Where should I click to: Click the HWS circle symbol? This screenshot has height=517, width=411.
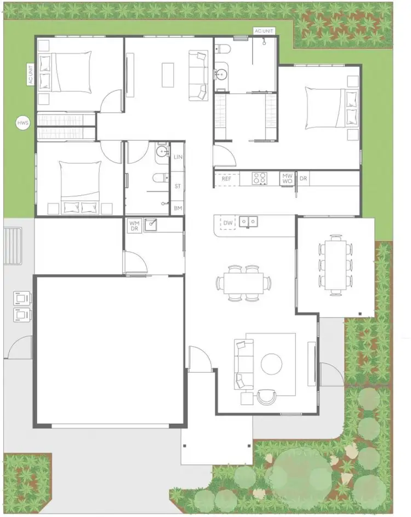click(x=23, y=123)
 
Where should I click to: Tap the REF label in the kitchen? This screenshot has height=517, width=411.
click(x=226, y=179)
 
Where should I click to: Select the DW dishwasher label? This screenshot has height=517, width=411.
click(x=229, y=223)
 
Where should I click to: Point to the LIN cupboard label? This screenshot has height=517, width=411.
click(x=178, y=157)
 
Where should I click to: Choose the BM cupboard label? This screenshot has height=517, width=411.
click(x=178, y=208)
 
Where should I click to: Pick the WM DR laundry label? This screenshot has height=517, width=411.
click(x=134, y=226)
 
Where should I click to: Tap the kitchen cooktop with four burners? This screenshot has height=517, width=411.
click(x=259, y=178)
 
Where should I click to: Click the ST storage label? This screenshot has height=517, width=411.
click(x=178, y=186)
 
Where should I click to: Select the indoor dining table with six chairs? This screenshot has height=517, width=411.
click(x=244, y=283)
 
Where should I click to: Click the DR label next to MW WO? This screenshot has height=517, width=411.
click(x=303, y=179)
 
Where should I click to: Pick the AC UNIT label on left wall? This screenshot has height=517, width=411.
click(x=31, y=75)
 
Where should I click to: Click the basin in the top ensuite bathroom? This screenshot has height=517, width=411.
click(x=221, y=74)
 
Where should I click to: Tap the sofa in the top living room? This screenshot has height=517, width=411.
click(x=198, y=75)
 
